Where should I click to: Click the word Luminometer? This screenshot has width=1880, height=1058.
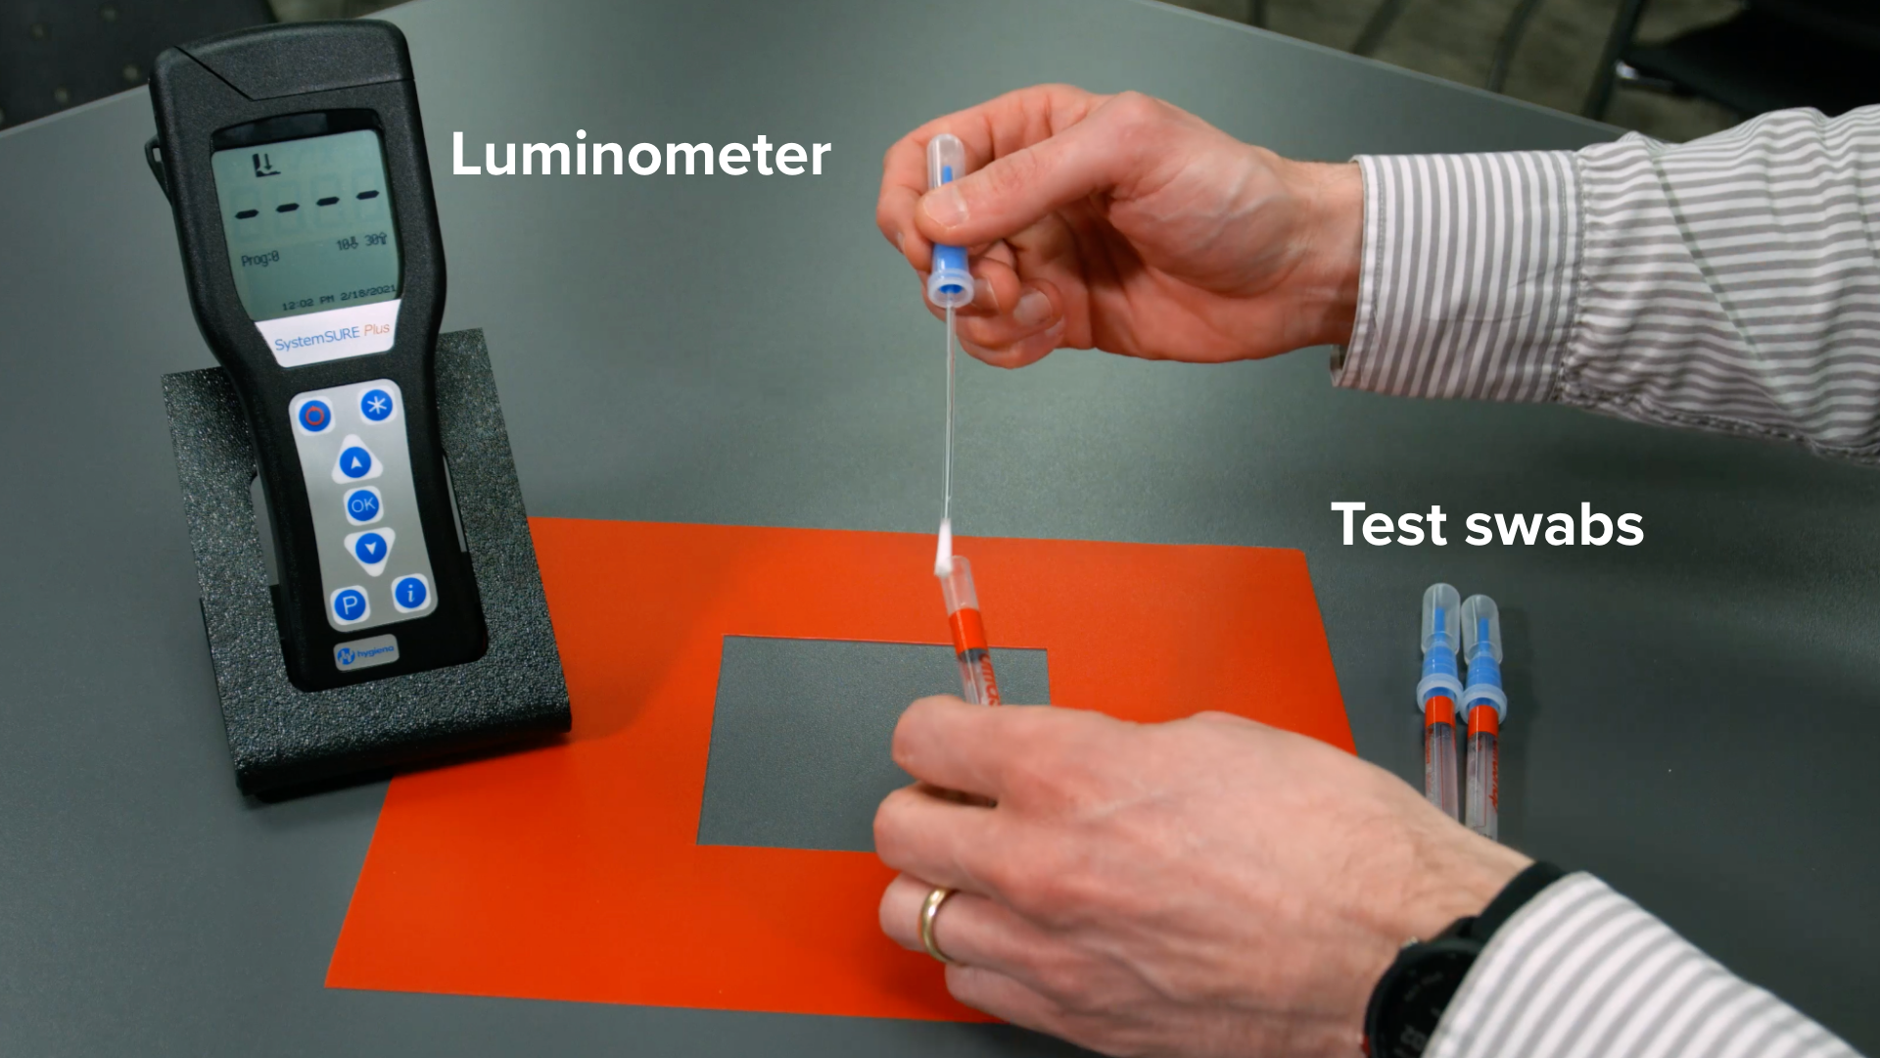(x=640, y=155)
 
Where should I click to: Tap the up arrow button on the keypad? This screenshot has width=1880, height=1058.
(x=354, y=463)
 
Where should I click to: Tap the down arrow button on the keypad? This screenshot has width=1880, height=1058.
(x=369, y=549)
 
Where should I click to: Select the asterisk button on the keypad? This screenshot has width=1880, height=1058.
(x=375, y=405)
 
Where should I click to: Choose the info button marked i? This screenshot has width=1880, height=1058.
(x=410, y=593)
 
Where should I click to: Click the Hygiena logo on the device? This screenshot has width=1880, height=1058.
(x=363, y=654)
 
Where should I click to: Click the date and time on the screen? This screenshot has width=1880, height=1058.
(x=338, y=300)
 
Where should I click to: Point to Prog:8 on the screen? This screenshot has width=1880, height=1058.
(x=260, y=259)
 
